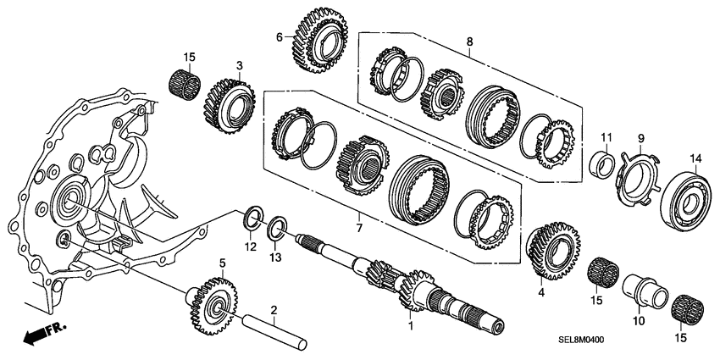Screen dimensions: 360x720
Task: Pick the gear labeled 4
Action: (x=553, y=252)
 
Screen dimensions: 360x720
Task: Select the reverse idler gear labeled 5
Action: (x=214, y=308)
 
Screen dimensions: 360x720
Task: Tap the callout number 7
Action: (x=358, y=229)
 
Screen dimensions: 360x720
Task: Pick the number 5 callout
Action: (x=223, y=263)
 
